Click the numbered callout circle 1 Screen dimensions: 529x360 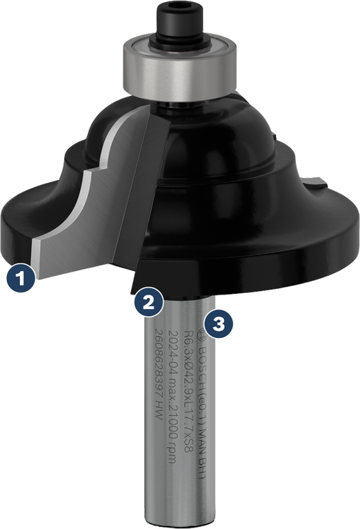(20, 280)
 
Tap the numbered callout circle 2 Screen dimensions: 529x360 (149, 302)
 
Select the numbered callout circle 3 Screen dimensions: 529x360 (219, 323)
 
